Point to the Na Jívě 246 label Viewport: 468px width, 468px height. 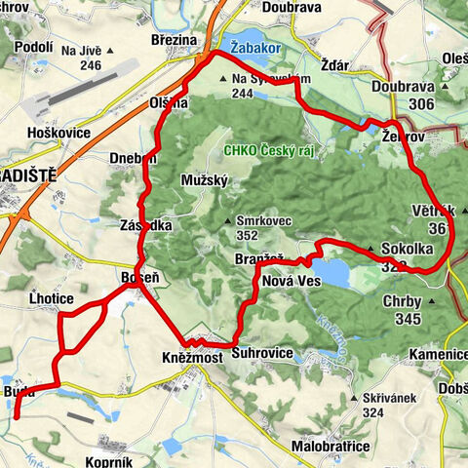click(83, 58)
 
